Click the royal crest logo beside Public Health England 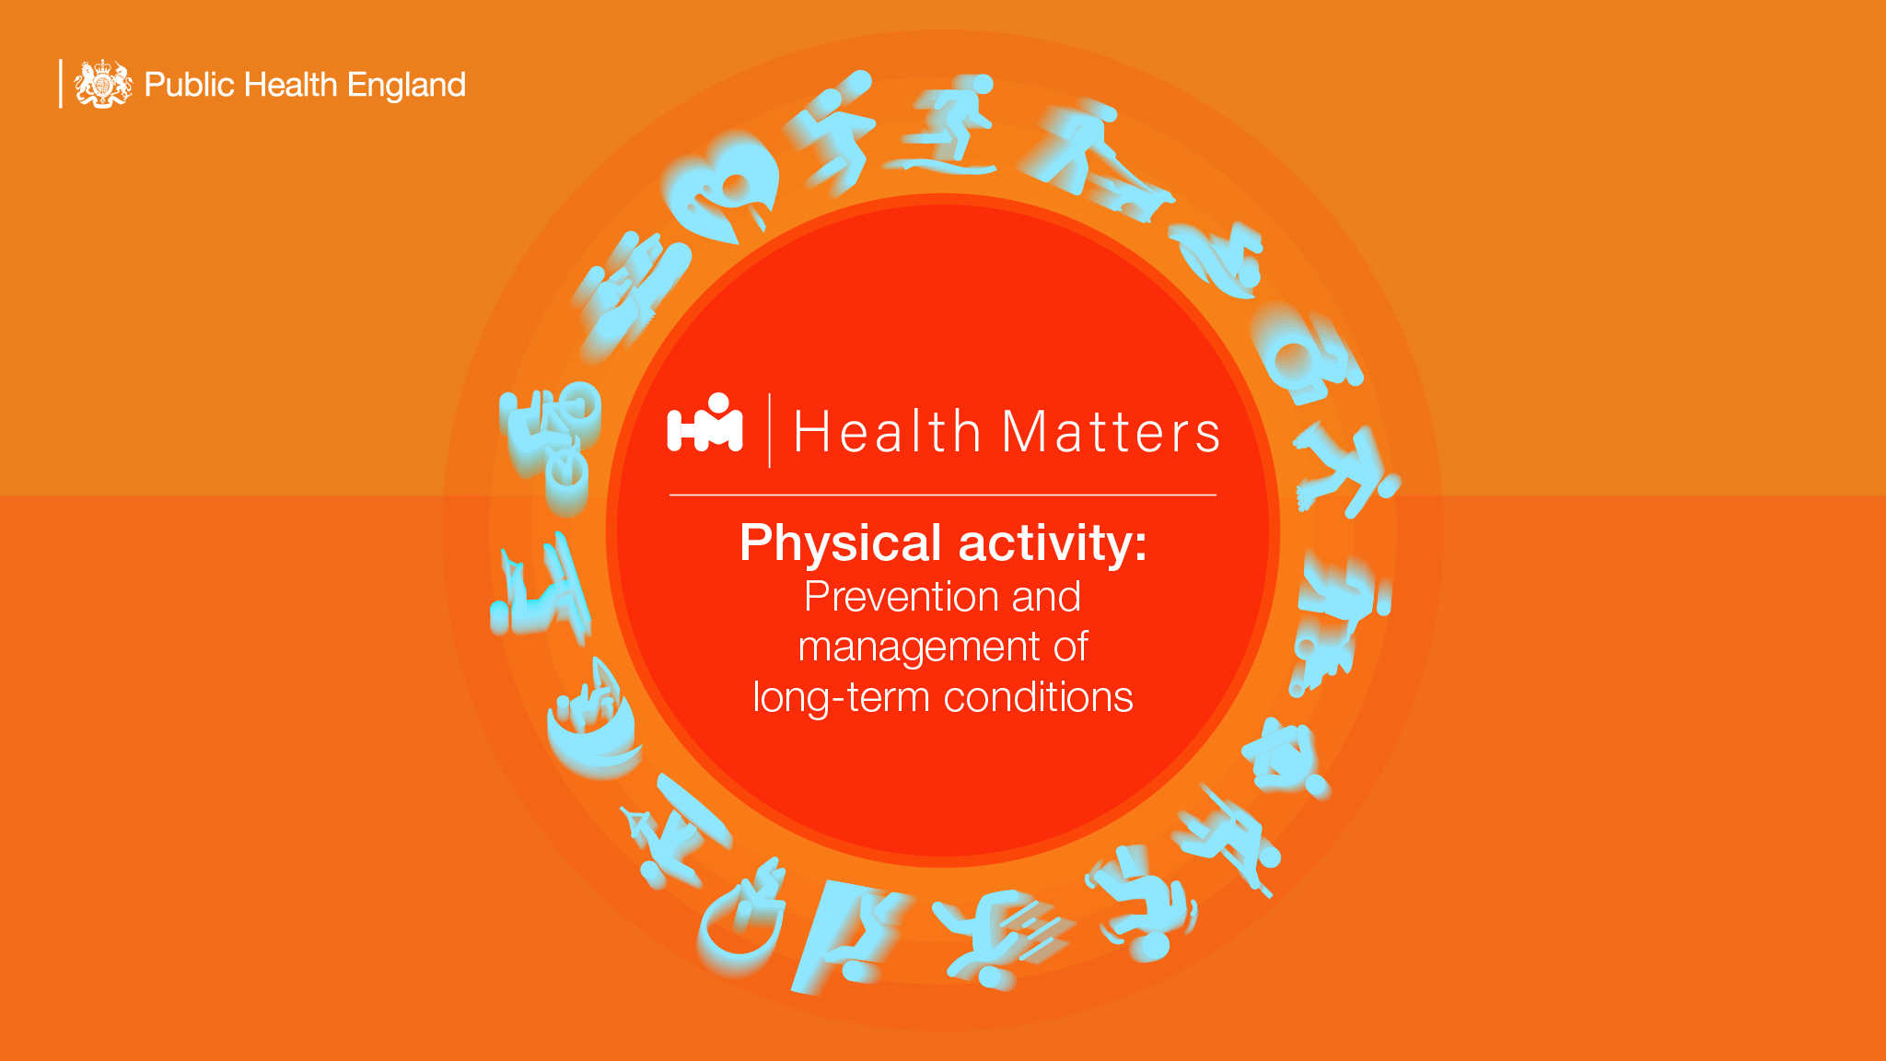click(103, 84)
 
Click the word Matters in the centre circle click(1111, 432)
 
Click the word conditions click(1039, 697)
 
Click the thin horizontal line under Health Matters click(943, 496)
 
